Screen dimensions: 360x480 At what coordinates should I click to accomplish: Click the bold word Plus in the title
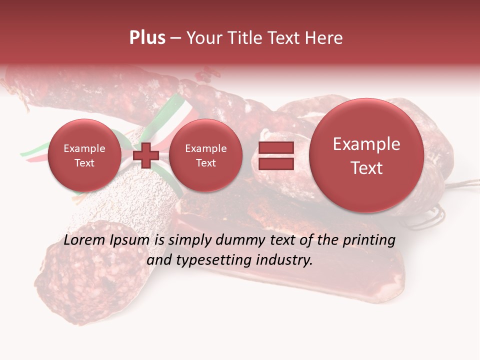(147, 38)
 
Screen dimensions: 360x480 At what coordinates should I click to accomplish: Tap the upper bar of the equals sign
(275, 148)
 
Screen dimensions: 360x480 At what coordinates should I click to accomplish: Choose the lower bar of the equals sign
(275, 163)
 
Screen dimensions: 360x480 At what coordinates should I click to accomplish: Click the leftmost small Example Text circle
(84, 155)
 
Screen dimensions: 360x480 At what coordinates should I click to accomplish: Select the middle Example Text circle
(205, 155)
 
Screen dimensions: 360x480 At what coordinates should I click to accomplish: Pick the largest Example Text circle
(366, 155)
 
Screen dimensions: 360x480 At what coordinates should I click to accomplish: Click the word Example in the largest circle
(366, 144)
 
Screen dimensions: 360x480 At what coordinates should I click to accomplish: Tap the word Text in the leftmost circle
(84, 163)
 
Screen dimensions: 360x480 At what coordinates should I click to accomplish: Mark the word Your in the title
(201, 38)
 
